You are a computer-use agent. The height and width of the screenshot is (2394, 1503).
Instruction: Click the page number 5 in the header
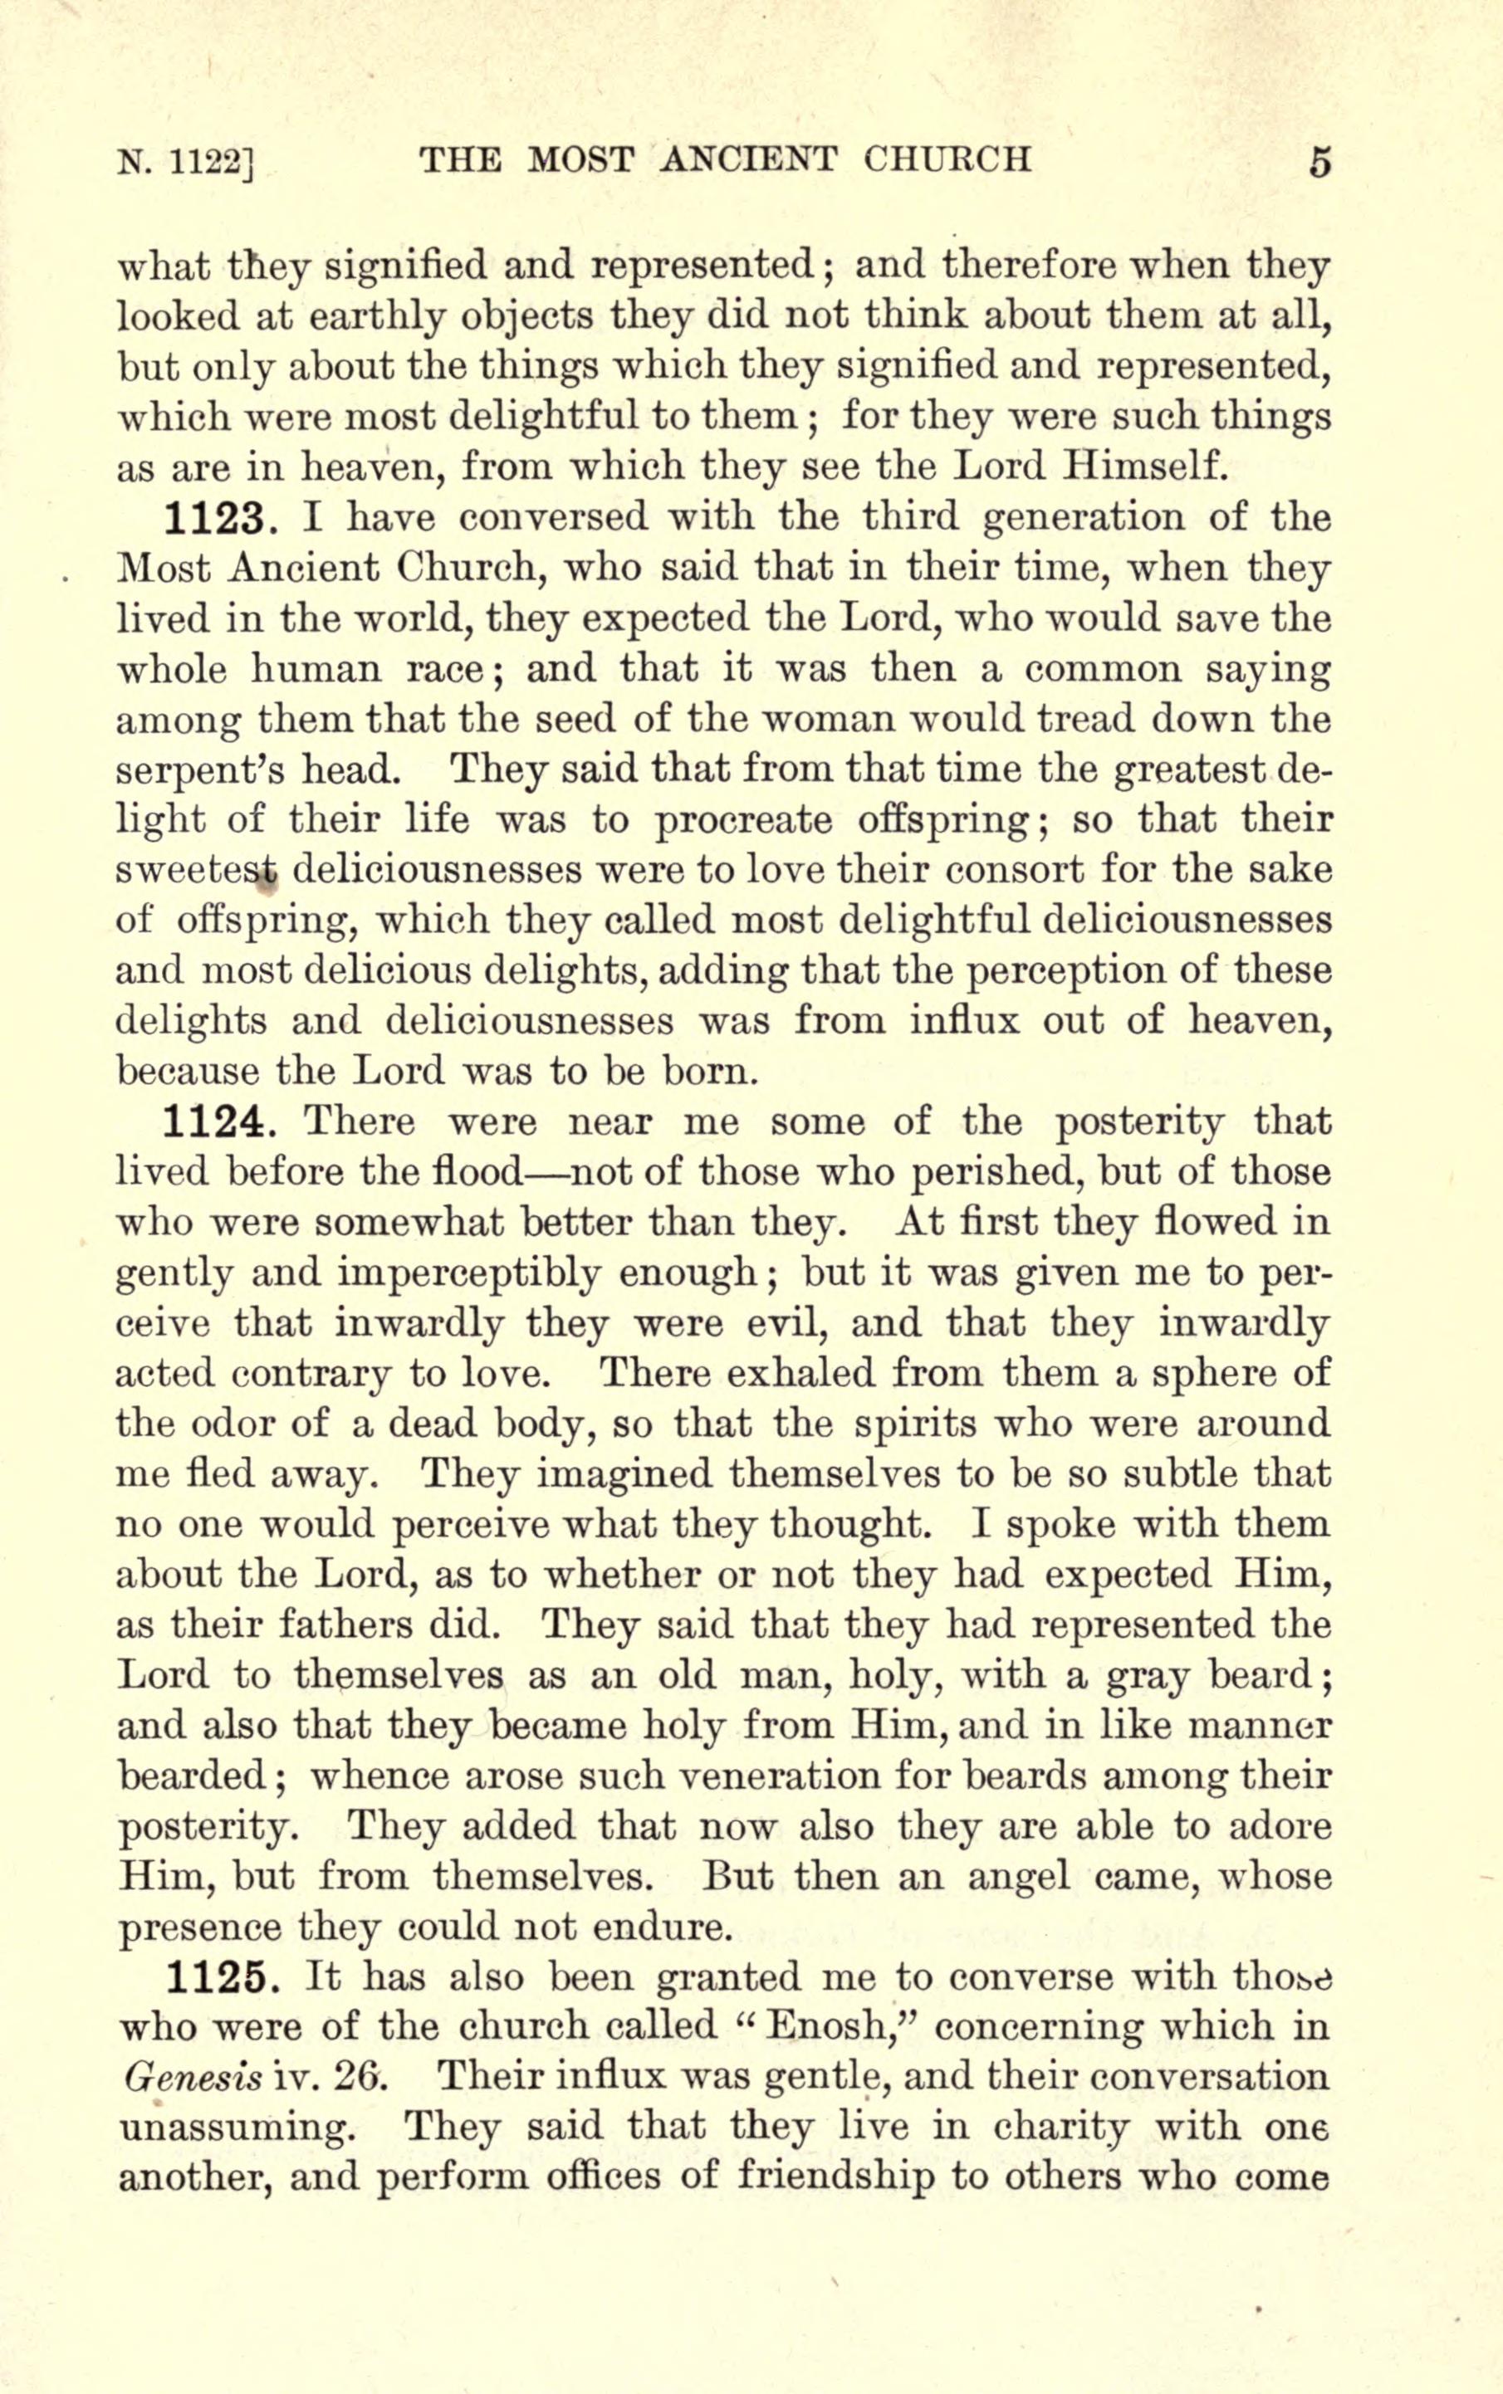point(1319,162)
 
